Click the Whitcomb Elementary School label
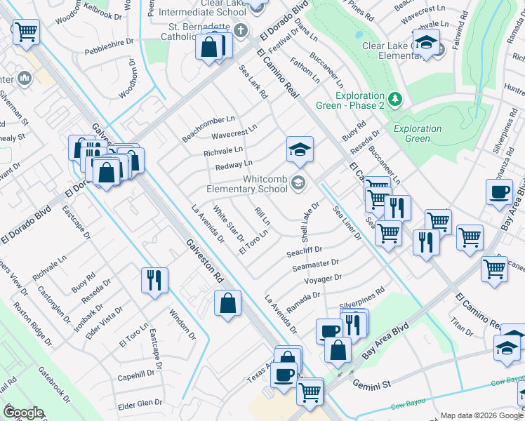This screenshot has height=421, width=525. click(246, 184)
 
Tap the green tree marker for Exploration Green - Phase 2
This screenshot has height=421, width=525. click(395, 99)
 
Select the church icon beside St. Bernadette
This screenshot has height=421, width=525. click(240, 30)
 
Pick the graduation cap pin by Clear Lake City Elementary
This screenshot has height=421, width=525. click(426, 43)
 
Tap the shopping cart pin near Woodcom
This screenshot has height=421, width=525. click(26, 31)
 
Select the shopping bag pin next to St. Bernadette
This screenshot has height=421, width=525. click(209, 48)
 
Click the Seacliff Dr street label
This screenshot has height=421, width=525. click(304, 250)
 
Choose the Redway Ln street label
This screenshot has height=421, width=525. click(234, 165)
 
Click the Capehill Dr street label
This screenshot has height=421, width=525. click(140, 375)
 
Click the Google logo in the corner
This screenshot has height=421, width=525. click(23, 413)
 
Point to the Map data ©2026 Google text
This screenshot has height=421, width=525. click(481, 415)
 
